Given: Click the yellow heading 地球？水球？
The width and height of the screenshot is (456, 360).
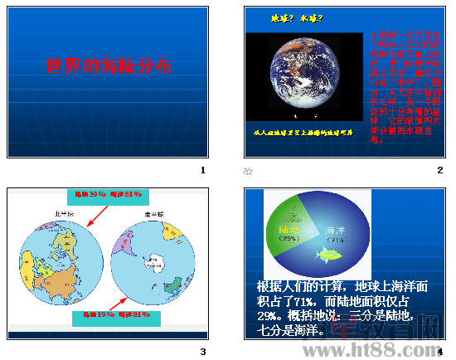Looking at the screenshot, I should coord(298,17).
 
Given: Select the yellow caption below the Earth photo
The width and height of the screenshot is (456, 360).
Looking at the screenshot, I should coord(303,132).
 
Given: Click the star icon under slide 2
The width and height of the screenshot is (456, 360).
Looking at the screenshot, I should coord(248,171).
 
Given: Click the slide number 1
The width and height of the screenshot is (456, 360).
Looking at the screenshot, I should coord(202,171).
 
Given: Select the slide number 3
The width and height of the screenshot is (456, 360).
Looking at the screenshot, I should coord(202,352).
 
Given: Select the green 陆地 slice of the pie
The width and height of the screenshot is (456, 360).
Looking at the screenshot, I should coord(288,224).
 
